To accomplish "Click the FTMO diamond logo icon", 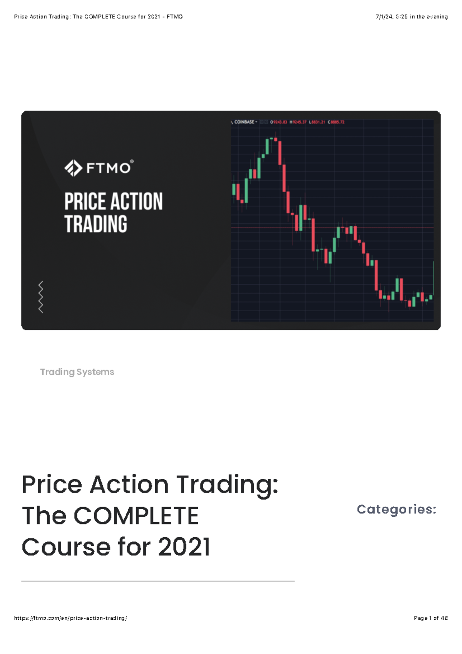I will (x=73, y=168).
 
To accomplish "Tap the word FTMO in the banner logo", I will (x=109, y=168).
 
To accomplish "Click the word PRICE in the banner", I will (x=85, y=201).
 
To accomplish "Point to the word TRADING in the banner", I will (x=95, y=224).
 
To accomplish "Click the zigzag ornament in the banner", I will (x=40, y=297).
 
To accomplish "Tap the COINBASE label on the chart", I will (x=244, y=122).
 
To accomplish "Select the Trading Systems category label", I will (x=77, y=372).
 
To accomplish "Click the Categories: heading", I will (x=397, y=509).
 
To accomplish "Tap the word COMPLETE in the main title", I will (x=136, y=516).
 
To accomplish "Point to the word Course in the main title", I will (x=66, y=547).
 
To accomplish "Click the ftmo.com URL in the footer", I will (x=70, y=618).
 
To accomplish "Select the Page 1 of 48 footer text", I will (x=431, y=618).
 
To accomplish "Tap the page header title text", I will (x=98, y=17).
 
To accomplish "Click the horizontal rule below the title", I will (x=158, y=581).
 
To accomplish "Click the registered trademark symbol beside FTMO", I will (x=132, y=162).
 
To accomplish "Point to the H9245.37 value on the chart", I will (x=298, y=122).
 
